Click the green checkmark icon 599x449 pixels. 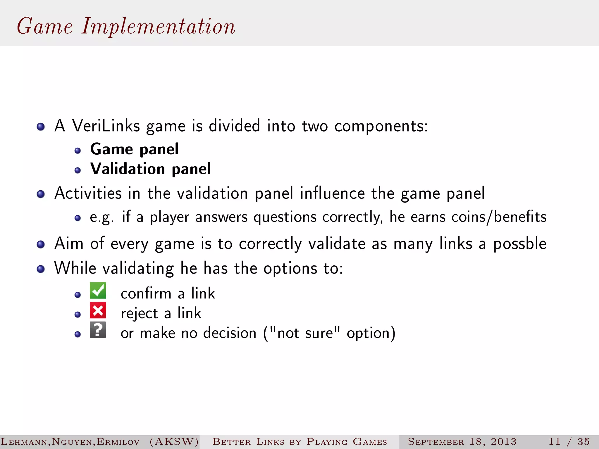pos(98,290)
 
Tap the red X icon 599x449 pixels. pos(98,310)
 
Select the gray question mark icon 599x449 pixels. pos(98,330)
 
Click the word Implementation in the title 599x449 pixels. pos(158,26)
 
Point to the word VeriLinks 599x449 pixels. pos(106,126)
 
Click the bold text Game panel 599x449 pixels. pos(134,149)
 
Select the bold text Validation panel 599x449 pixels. pos(150,169)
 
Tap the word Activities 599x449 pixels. pos(88,193)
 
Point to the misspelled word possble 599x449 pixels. pos(520,244)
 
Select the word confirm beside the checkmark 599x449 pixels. pos(146,293)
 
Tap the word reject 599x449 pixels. pos(139,314)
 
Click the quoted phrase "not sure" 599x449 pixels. pos(305,333)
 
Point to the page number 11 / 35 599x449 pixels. pos(569,441)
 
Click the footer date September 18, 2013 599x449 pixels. pos(462,441)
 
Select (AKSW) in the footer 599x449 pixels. pos(174,441)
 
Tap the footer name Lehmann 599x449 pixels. pos(25,442)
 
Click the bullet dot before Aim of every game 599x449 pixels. pos(41,244)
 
